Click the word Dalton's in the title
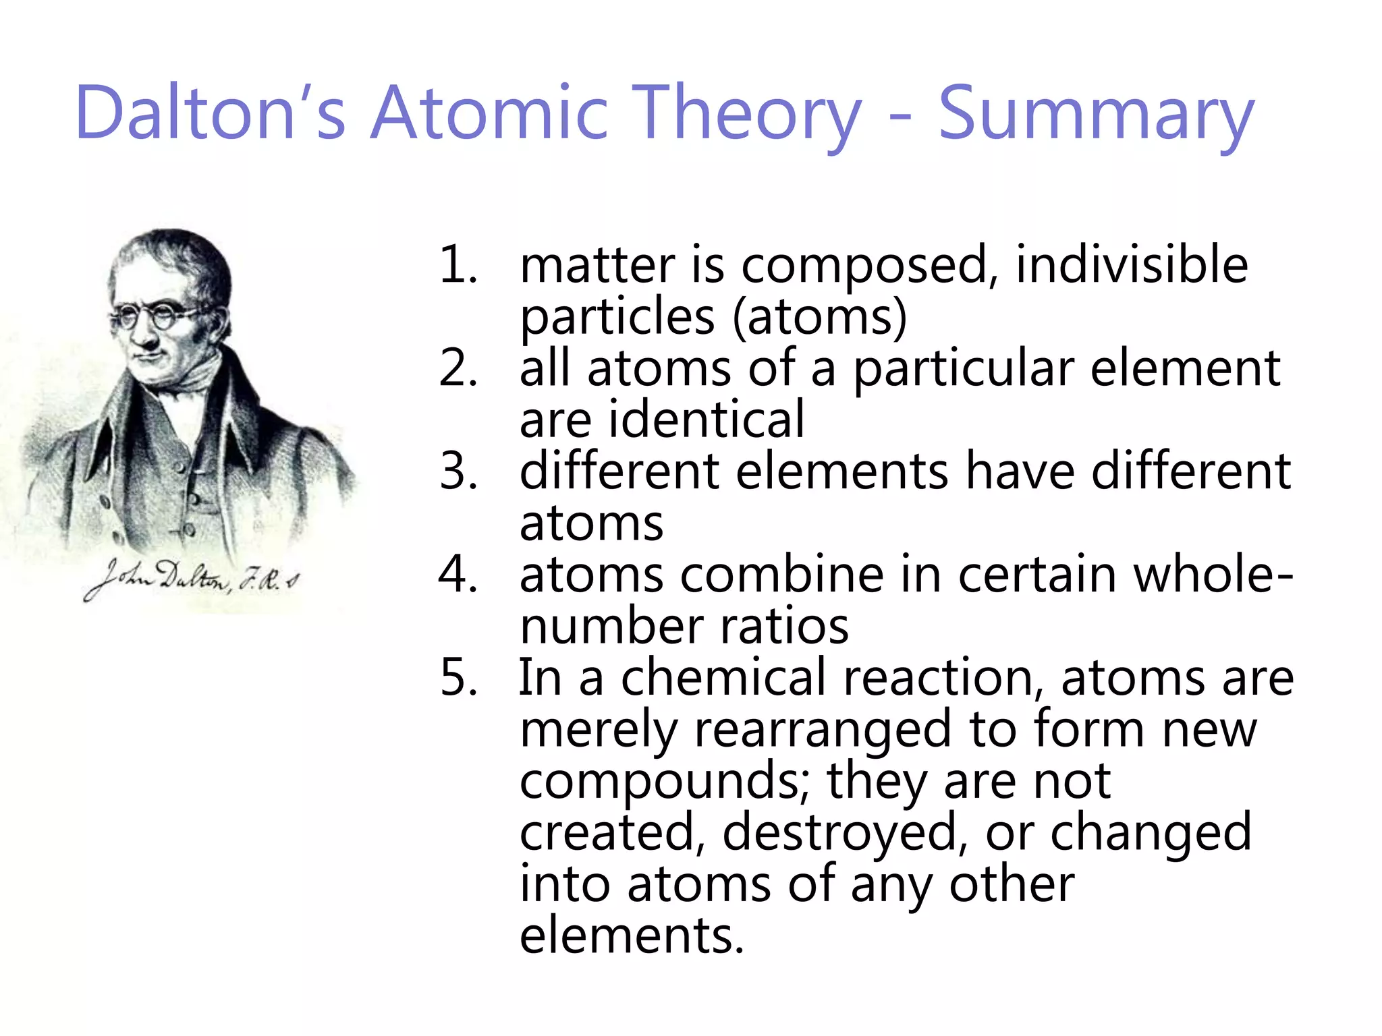211,113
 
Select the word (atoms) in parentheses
819,316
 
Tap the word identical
707,420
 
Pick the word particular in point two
964,369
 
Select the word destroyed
840,832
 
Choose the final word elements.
631,935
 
